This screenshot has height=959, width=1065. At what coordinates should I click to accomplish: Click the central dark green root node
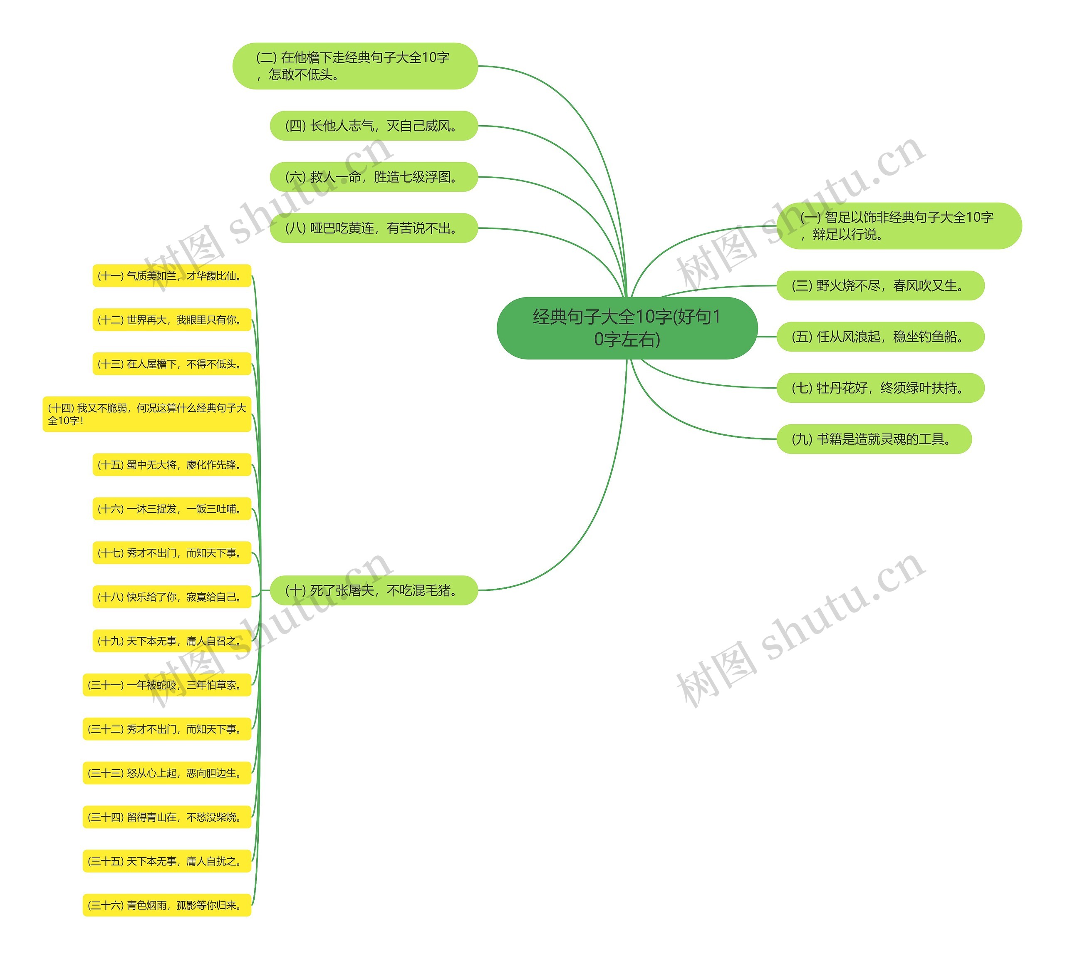pyautogui.click(x=627, y=328)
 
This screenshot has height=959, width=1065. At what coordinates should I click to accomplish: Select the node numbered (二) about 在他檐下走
pyautogui.click(x=355, y=66)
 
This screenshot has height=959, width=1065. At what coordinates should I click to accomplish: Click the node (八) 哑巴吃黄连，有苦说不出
pyautogui.click(x=374, y=228)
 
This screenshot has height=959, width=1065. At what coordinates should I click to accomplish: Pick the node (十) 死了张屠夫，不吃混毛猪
pyautogui.click(x=374, y=590)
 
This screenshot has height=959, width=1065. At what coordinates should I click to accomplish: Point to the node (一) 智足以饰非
pyautogui.click(x=899, y=226)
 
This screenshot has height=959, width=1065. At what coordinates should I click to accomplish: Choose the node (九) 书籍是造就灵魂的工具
pyautogui.click(x=874, y=439)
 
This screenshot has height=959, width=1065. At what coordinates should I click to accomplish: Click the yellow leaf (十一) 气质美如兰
pyautogui.click(x=172, y=275)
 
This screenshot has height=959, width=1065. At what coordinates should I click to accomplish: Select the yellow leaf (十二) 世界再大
pyautogui.click(x=172, y=320)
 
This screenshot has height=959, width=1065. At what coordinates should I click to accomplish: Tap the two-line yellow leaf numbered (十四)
pyautogui.click(x=147, y=414)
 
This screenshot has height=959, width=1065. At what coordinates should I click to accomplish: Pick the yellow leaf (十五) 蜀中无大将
pyautogui.click(x=172, y=465)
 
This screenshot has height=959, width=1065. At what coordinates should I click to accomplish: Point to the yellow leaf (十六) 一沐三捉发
pyautogui.click(x=172, y=509)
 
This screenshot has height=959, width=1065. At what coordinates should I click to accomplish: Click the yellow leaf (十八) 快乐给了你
pyautogui.click(x=172, y=597)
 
